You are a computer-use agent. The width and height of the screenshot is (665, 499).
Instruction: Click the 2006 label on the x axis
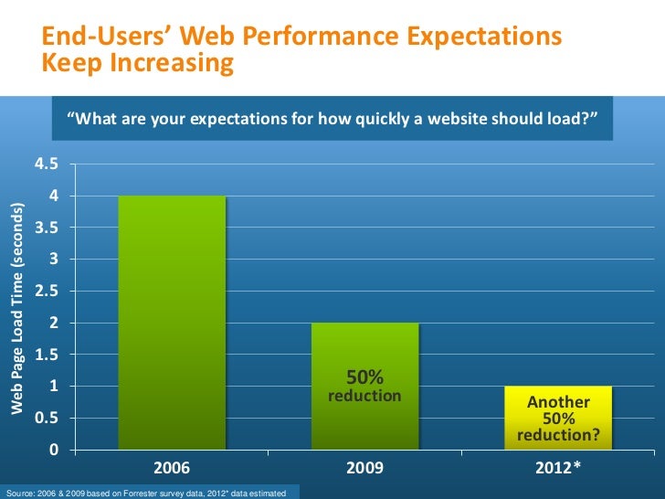[x=172, y=468]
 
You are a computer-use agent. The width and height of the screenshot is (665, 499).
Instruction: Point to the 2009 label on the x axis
[x=364, y=468]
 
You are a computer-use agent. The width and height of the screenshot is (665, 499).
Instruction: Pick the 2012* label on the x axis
[x=558, y=468]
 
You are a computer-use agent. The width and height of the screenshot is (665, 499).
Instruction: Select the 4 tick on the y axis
[x=54, y=196]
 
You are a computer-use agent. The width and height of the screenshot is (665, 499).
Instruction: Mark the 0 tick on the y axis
[x=54, y=451]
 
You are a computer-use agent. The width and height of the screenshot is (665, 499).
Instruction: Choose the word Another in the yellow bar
[x=559, y=402]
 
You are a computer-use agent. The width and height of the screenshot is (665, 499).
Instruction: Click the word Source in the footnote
[x=18, y=494]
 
